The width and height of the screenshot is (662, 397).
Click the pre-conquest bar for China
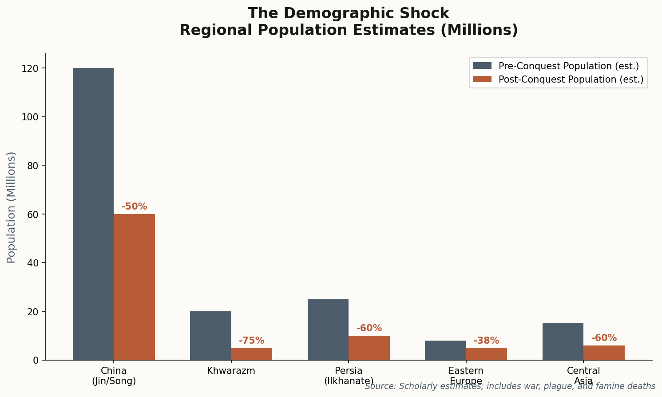93,214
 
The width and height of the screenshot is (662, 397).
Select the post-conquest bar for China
134,287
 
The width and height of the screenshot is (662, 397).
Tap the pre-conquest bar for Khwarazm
210,335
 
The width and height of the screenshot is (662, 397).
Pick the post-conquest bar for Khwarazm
251,353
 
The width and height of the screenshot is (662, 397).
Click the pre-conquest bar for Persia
328,330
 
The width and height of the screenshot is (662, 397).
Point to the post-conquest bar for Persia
369,348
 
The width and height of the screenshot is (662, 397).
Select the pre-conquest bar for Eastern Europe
445,350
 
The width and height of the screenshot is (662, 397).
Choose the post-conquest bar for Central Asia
604,353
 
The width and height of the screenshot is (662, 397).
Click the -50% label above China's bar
134,206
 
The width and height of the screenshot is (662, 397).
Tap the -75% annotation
251,341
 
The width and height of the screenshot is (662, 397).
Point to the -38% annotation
486,341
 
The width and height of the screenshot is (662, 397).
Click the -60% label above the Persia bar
369,328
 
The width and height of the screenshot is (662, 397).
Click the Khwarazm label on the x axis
231,371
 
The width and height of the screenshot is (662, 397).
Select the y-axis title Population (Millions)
12,207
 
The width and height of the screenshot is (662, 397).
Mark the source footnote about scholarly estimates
510,386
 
